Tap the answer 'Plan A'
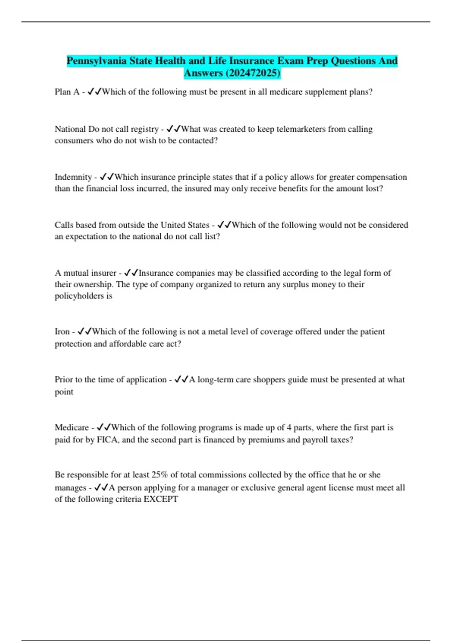tap(67, 92)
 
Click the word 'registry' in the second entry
tap(145, 129)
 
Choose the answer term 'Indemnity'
tap(73, 177)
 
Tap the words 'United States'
tap(185, 225)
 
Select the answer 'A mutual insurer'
tap(86, 273)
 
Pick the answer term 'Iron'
tap(62, 332)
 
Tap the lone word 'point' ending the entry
tap(64, 392)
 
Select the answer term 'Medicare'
tap(72, 428)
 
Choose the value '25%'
tap(160, 475)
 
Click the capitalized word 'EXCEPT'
tap(161, 499)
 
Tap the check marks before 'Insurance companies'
tap(131, 273)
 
